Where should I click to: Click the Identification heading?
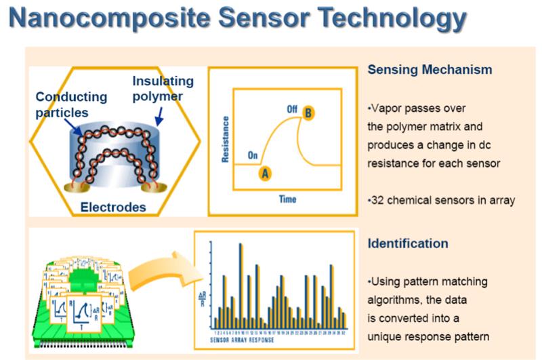409,243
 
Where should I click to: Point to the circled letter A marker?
266,172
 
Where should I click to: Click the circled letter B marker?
308,113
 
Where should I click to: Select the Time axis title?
288,199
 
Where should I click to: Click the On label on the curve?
253,155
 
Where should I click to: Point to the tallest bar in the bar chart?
241,285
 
